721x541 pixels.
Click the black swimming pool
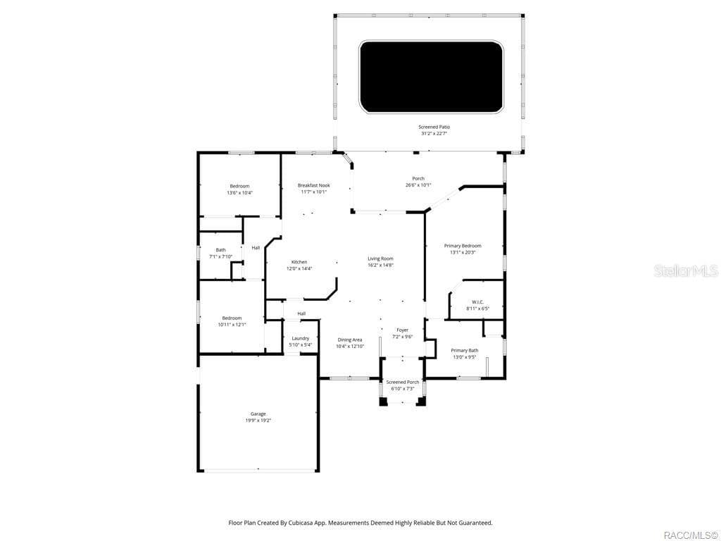(x=431, y=77)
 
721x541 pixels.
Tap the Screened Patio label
(x=434, y=127)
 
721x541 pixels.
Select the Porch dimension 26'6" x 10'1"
(x=418, y=185)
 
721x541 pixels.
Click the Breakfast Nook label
(x=313, y=185)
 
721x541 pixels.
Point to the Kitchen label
(x=299, y=262)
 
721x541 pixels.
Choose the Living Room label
(x=380, y=259)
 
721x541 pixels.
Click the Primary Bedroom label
(x=463, y=246)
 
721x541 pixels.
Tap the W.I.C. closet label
(x=477, y=302)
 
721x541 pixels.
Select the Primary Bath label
(x=464, y=350)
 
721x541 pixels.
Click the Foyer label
(x=402, y=330)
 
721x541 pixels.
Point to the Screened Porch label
(x=402, y=382)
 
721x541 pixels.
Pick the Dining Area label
(x=349, y=340)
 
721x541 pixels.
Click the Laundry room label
(x=301, y=338)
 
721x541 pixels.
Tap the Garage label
(x=258, y=413)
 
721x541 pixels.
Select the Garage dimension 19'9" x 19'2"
(x=258, y=421)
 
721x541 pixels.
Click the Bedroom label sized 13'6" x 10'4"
(x=239, y=186)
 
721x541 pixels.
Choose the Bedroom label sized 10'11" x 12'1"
(x=232, y=318)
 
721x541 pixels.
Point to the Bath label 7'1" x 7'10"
(x=220, y=250)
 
